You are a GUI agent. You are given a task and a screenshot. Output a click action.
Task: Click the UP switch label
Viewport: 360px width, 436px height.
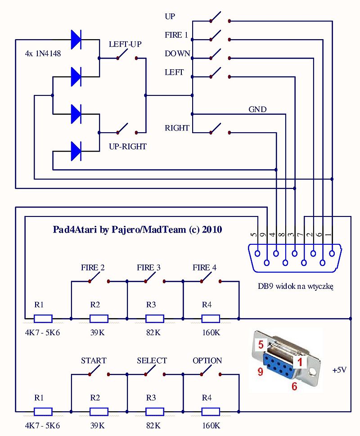pos(170,17)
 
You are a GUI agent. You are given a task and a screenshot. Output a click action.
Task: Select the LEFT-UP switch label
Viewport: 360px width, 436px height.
pos(126,45)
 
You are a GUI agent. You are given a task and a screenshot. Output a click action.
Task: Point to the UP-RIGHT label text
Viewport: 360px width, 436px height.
pos(128,147)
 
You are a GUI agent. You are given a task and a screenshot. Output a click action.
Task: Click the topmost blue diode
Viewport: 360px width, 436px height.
pos(76,40)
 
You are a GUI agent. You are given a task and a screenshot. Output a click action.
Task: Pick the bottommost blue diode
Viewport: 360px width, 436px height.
pos(76,151)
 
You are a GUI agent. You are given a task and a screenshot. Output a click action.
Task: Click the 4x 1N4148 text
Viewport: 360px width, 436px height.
pos(43,54)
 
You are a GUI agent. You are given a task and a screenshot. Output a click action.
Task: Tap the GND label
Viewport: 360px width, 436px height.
pos(257,109)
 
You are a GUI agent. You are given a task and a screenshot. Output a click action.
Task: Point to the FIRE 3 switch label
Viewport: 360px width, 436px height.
pos(148,268)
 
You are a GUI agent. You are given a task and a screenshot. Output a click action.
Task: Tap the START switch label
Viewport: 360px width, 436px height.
pos(94,361)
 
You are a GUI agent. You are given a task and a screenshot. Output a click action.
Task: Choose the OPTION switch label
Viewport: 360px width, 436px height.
pos(207,361)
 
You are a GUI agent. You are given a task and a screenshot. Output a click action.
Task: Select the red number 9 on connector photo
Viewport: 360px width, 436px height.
pos(260,372)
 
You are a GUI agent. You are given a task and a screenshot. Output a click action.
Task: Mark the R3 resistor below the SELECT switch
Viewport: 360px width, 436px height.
pos(154,412)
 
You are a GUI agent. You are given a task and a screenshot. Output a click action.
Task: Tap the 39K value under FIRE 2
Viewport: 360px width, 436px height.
pos(95,333)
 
